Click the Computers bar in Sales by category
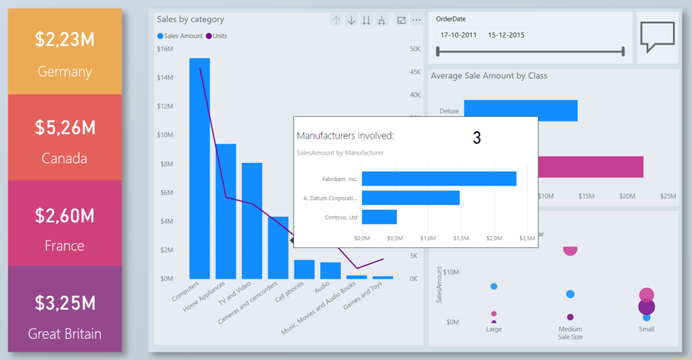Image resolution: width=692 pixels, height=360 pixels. coord(200,169)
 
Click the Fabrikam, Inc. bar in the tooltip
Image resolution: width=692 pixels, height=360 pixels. coord(439,179)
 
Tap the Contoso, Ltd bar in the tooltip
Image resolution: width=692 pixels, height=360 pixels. coord(379,217)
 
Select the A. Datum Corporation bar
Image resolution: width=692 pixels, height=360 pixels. coord(410,198)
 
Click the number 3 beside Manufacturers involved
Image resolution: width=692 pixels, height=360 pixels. coord(477,138)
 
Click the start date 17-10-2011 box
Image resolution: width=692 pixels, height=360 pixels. coord(458,35)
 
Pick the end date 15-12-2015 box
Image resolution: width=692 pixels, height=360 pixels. coord(506,35)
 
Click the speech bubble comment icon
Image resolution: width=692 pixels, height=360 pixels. coord(658,37)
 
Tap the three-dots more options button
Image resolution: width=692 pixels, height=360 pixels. coord(417,21)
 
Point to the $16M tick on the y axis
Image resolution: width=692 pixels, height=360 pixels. coord(165,49)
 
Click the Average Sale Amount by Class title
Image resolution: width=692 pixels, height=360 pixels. coord(489,76)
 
